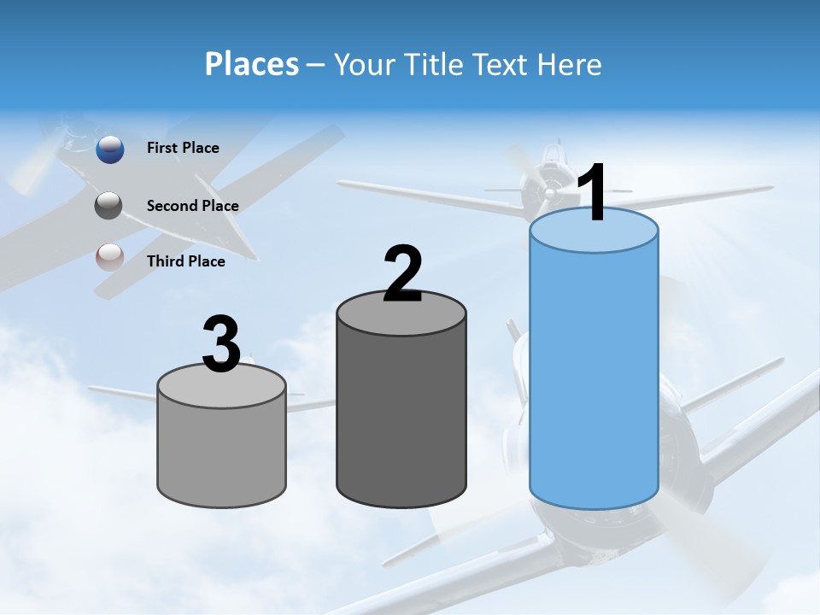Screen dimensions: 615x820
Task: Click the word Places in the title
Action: (252, 64)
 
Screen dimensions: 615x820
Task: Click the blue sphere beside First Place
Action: (110, 149)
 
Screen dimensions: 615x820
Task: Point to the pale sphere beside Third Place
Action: (110, 258)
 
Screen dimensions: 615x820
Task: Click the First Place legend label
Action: (183, 148)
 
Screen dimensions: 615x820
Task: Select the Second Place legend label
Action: (192, 206)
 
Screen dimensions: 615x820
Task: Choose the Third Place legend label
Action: (186, 261)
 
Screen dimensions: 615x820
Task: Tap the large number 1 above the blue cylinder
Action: (592, 193)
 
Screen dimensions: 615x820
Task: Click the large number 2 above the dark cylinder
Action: (403, 273)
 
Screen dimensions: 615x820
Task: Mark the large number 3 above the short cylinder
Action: (222, 344)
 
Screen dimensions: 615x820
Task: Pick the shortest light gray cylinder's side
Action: (222, 453)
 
